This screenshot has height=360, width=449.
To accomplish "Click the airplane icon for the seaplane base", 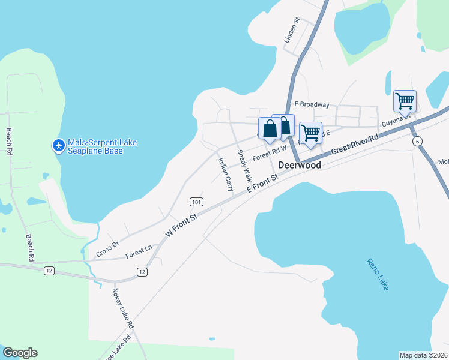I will pyautogui.click(x=58, y=145).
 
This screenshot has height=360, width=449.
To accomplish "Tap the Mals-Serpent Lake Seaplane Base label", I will pyautogui.click(x=103, y=146).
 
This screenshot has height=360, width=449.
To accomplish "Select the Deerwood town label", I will pyautogui.click(x=300, y=165).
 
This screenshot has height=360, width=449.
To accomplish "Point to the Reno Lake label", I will pyautogui.click(x=377, y=274).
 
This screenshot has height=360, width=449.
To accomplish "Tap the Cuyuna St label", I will pyautogui.click(x=394, y=125).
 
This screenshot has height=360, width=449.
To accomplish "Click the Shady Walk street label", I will pyautogui.click(x=244, y=166).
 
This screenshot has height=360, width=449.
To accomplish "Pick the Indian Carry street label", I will pyautogui.click(x=225, y=174).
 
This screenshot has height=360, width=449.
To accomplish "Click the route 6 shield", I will pyautogui.click(x=417, y=140).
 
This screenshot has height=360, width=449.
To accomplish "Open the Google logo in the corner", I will pyautogui.click(x=20, y=353).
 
